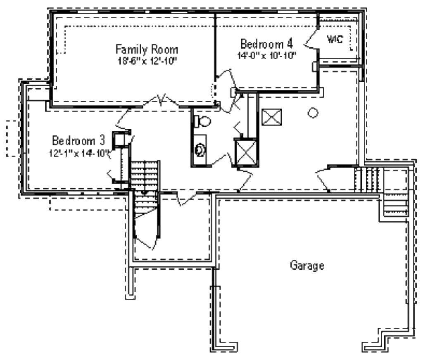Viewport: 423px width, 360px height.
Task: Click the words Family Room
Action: pyautogui.click(x=147, y=50)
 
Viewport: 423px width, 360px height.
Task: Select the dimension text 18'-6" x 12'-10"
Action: pyautogui.click(x=147, y=61)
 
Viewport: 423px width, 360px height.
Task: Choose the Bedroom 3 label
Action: pyautogui.click(x=79, y=140)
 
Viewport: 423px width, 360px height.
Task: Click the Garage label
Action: pyautogui.click(x=307, y=265)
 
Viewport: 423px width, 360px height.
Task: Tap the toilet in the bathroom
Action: pyautogui.click(x=202, y=121)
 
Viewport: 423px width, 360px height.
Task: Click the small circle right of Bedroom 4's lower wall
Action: pyautogui.click(x=313, y=112)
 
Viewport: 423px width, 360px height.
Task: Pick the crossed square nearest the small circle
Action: pyautogui.click(x=272, y=118)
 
